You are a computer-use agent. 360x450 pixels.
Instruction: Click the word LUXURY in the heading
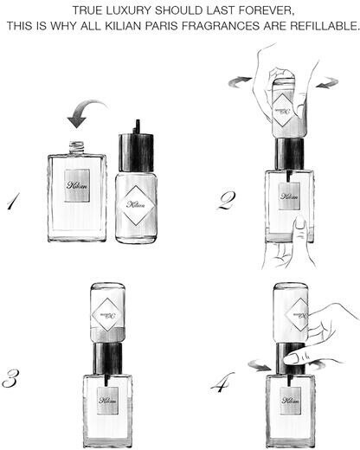(x=128, y=10)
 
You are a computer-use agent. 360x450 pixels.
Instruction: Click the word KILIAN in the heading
(x=123, y=26)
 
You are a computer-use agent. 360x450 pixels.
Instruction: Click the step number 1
(x=14, y=202)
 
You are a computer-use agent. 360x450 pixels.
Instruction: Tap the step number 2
(x=226, y=200)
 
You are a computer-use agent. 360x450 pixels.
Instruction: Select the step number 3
(x=11, y=378)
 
